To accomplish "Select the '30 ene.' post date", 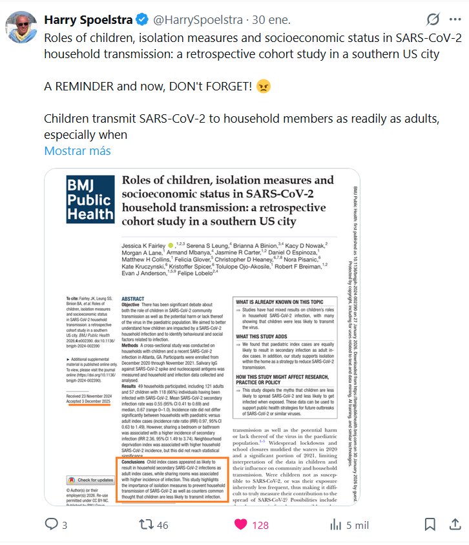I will click(272, 20).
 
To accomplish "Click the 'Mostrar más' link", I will click(78, 151).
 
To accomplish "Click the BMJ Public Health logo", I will click(90, 199).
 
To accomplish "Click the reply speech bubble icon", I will click(51, 524).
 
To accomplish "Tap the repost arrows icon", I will click(147, 524).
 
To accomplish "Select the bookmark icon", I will click(430, 524).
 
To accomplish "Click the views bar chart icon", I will click(335, 524).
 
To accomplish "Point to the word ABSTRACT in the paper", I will click(133, 299).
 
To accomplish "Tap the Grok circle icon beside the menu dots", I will click(434, 20).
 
